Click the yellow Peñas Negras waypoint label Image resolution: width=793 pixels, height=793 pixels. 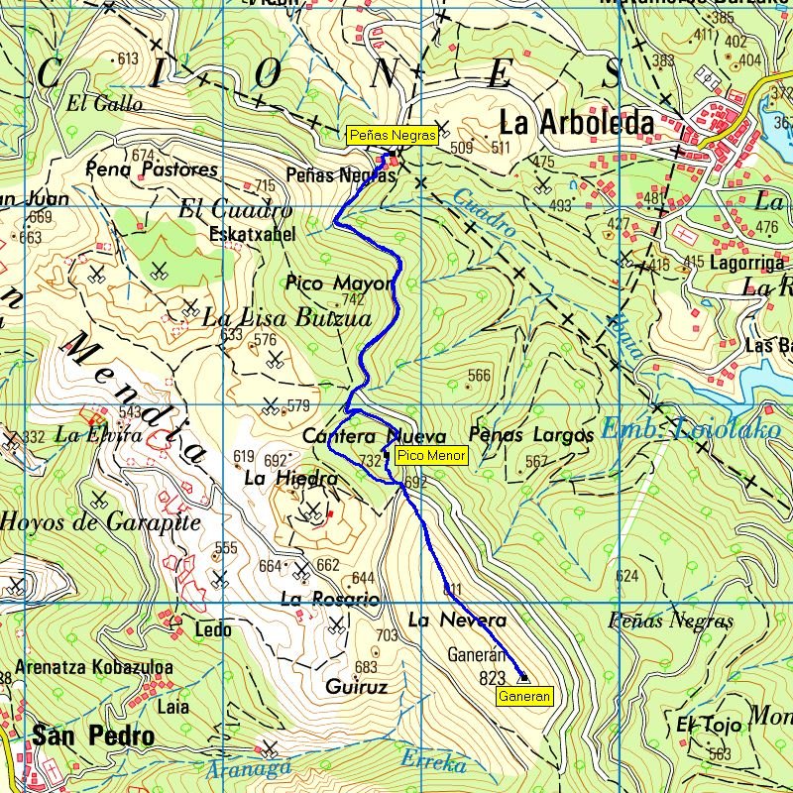(x=392, y=136)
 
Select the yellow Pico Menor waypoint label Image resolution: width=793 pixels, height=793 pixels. (x=429, y=456)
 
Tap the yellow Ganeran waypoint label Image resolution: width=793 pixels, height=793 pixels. (x=524, y=697)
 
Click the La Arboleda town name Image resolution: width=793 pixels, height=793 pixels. (x=576, y=123)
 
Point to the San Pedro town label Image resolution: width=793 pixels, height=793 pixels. (x=93, y=736)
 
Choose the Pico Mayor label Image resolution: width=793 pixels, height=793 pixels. (x=339, y=283)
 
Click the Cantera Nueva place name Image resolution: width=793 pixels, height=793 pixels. (x=374, y=436)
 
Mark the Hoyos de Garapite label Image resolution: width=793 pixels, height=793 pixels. (x=100, y=521)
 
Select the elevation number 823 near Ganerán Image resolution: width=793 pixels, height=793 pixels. (x=492, y=679)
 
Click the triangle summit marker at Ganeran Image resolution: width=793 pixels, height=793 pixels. (x=523, y=678)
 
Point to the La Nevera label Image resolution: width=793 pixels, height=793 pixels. (x=457, y=621)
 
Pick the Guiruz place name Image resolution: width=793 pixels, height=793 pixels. (x=356, y=686)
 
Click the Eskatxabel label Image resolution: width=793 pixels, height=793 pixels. (x=252, y=235)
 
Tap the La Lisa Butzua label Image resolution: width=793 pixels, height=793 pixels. (x=286, y=318)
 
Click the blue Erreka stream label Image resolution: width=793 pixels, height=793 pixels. (x=433, y=761)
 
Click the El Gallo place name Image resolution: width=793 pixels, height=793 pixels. (x=104, y=103)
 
